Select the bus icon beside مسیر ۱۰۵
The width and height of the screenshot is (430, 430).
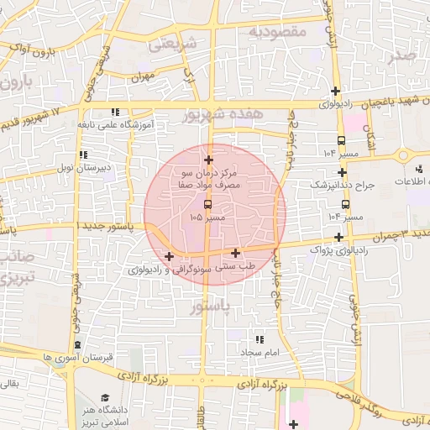[x=207, y=203]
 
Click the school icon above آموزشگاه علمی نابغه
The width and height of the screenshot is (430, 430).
[x=114, y=111]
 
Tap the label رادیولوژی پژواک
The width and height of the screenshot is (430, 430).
[x=338, y=249]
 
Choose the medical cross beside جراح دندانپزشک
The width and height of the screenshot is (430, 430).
[x=342, y=172]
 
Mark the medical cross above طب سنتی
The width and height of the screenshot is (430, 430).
[x=235, y=252]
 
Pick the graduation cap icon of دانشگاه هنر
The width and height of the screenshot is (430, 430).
[x=105, y=397]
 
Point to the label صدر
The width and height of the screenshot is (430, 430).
[x=402, y=56]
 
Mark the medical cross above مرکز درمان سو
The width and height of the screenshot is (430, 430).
[x=208, y=159]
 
